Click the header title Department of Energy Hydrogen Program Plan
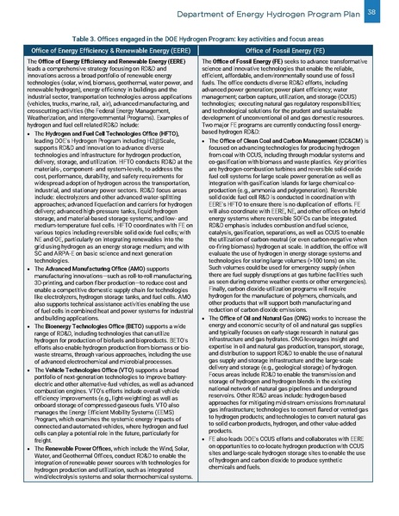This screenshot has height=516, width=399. click(x=267, y=14)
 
